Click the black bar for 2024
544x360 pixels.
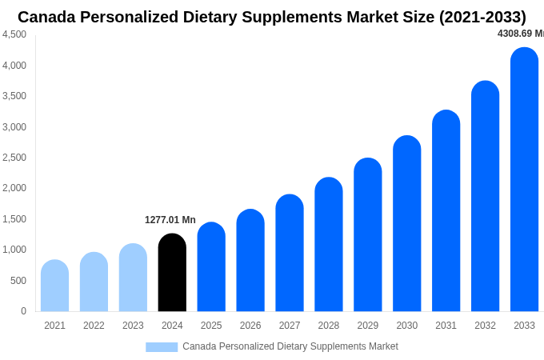tap(172, 273)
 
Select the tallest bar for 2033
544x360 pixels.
tap(524, 180)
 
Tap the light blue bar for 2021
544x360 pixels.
tap(54, 286)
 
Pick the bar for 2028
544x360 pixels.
tap(328, 245)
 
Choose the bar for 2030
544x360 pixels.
tap(406, 224)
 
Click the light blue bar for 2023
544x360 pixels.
tap(133, 278)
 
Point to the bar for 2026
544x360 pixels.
tap(250, 261)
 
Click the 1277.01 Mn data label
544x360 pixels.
tap(170, 220)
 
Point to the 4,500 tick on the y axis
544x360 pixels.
tap(14, 34)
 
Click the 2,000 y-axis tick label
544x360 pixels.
tap(14, 188)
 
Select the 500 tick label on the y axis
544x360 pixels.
tap(18, 281)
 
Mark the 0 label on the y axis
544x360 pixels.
tap(23, 311)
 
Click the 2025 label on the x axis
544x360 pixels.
tap(211, 326)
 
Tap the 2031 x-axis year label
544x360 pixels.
tap(446, 326)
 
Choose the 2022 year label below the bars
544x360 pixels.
tap(94, 326)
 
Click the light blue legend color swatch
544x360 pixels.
tap(162, 347)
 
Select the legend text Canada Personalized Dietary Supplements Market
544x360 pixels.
tap(290, 346)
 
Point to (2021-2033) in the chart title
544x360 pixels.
tap(482, 17)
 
